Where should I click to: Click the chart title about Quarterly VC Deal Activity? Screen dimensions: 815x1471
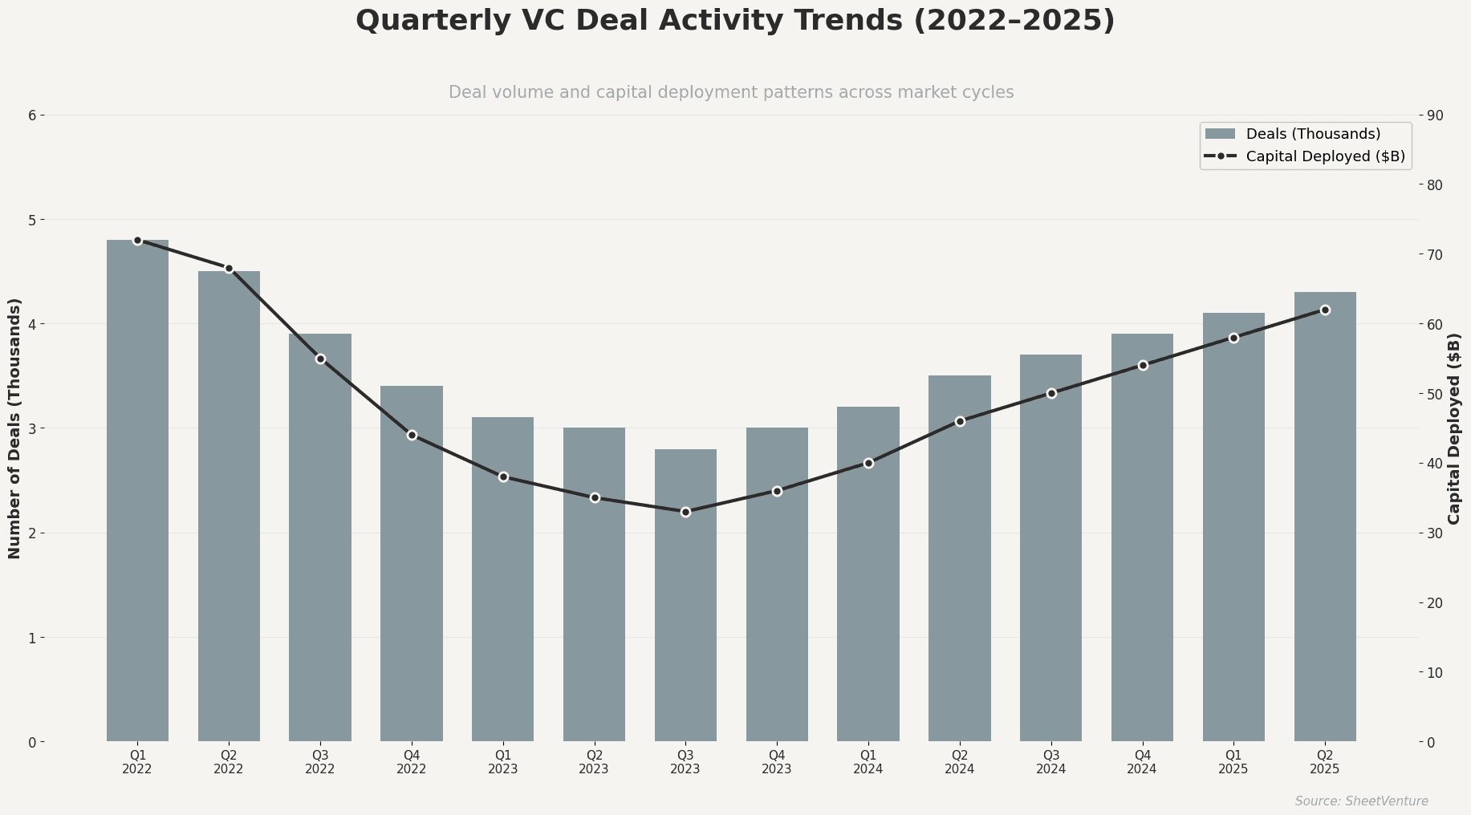click(x=735, y=21)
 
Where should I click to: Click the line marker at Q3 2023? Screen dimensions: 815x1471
click(x=685, y=512)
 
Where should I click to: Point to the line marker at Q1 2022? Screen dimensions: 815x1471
click(x=137, y=241)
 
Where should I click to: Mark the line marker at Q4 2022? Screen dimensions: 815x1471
click(x=412, y=435)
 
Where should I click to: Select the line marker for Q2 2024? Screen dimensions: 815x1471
click(x=960, y=421)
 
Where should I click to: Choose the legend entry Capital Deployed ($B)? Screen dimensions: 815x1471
click(x=1324, y=156)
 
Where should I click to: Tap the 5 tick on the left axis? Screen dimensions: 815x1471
click(x=32, y=220)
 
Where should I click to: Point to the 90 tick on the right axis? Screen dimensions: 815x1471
click(x=1435, y=116)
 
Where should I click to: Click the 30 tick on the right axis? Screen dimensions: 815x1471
click(x=1435, y=533)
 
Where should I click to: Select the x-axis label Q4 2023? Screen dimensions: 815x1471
click(x=777, y=762)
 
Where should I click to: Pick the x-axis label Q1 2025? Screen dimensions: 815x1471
click(x=1233, y=762)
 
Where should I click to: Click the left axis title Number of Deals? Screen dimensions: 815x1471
click(x=14, y=428)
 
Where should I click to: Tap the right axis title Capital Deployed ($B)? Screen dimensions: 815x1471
click(x=1454, y=428)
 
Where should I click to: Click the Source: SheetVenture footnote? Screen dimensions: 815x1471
click(x=1361, y=801)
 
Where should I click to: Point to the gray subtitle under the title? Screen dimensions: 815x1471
click(x=731, y=92)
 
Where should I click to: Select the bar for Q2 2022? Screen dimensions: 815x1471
click(x=229, y=506)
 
